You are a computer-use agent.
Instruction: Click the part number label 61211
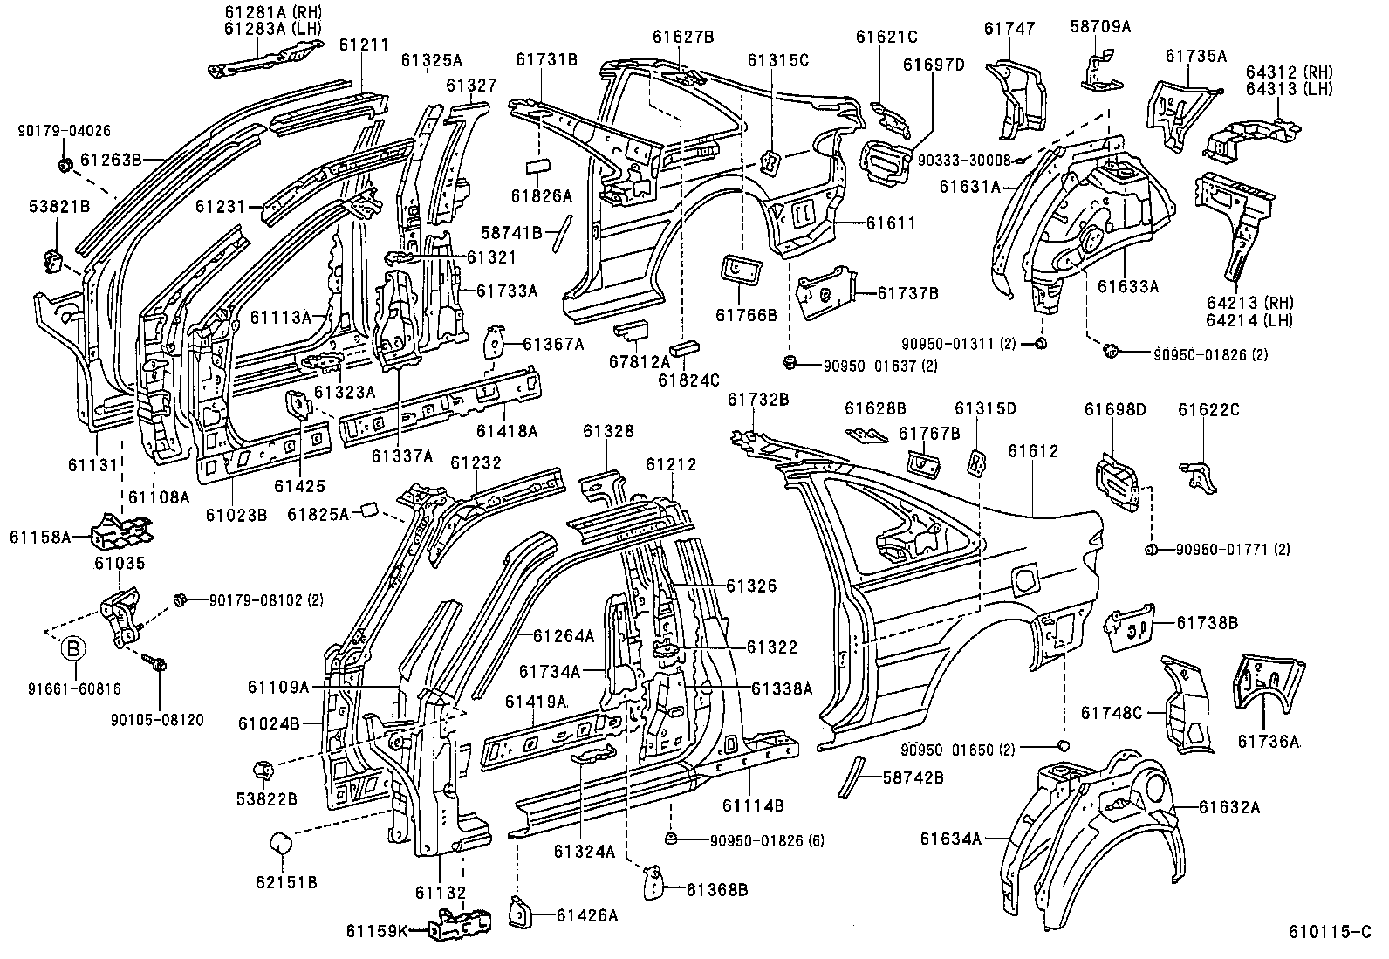[x=364, y=45]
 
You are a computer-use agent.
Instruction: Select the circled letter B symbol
[x=74, y=648]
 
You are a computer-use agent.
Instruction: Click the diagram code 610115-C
[x=1331, y=932]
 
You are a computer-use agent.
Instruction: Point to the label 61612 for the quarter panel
[x=1033, y=451]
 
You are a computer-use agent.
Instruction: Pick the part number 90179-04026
[x=64, y=131]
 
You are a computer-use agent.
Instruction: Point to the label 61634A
[x=951, y=839]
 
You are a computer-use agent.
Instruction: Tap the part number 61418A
[x=506, y=431]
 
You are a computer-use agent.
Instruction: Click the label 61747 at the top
[x=1009, y=29]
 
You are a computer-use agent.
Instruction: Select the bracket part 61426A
[x=520, y=911]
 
